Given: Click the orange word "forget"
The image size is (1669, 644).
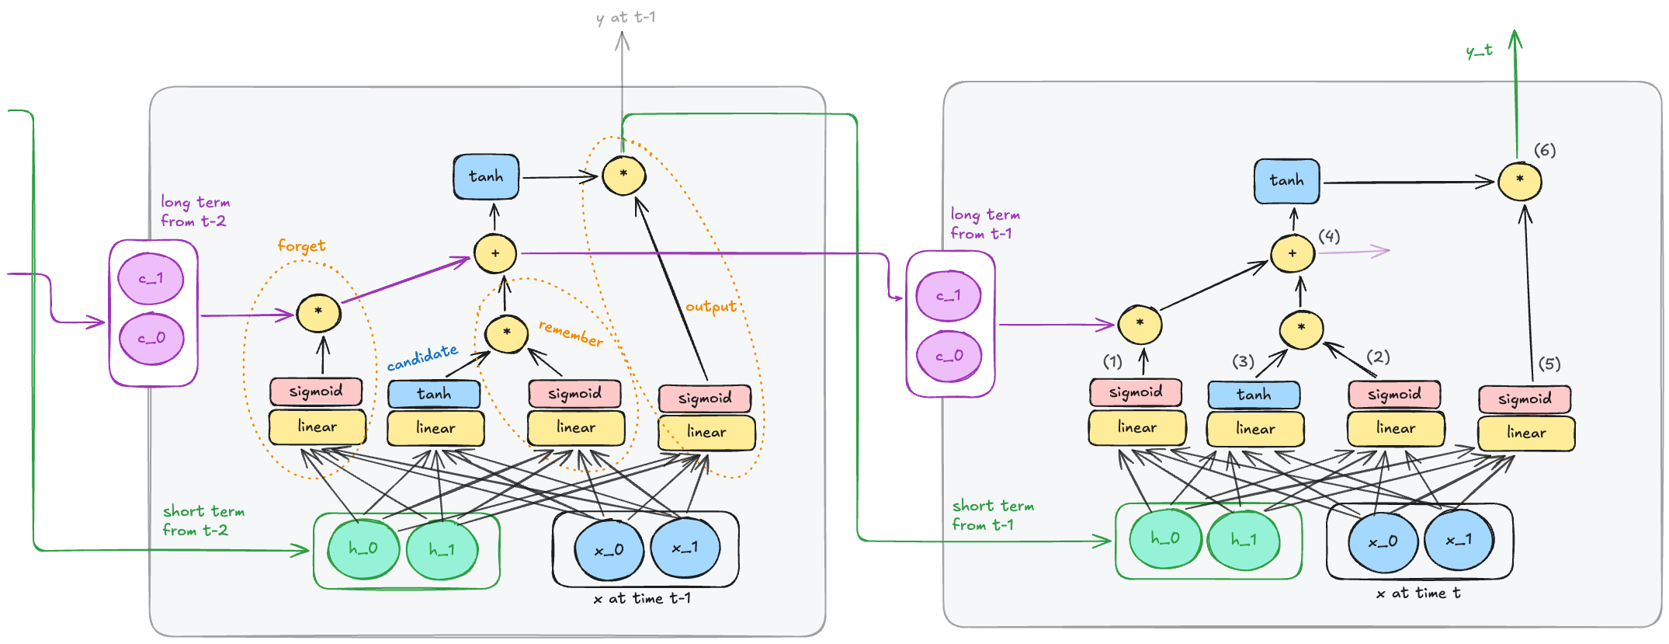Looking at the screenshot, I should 301,246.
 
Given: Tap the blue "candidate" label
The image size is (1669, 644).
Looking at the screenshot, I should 422,357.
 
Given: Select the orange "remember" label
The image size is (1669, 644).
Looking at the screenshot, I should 571,333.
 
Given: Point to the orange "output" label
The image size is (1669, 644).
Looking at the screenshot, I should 710,307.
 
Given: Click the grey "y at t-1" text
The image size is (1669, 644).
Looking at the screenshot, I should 626,17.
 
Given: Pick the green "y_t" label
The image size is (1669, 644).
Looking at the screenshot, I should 1479,51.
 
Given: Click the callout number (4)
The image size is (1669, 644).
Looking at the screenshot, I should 1329,236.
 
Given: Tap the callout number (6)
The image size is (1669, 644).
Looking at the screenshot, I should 1544,150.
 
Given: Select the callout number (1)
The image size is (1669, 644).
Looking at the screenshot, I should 1112,361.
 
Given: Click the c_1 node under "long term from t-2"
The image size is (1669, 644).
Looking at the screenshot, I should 151,279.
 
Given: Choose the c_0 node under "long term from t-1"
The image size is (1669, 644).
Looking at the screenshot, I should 949,356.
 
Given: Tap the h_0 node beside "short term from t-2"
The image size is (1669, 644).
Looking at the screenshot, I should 363,548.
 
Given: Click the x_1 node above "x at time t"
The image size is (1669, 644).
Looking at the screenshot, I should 1459,540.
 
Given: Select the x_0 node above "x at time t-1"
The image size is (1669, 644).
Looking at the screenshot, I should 609,550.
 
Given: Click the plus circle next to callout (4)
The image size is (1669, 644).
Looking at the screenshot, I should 1292,253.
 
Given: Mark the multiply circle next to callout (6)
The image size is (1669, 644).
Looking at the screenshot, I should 1519,180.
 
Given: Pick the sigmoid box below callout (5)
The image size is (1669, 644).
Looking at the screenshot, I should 1525,399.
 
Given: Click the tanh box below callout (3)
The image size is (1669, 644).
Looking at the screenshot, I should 1253,395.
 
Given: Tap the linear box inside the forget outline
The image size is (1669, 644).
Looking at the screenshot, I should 317,426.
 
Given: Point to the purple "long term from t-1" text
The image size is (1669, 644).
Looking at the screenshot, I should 984,224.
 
